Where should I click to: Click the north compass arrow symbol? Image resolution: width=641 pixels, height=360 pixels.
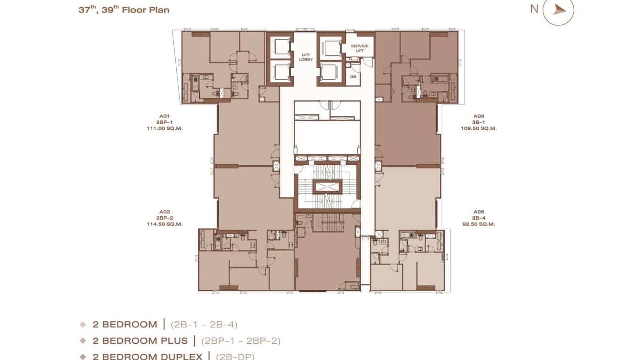559,10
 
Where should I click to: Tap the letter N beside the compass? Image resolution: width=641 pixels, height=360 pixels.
534,9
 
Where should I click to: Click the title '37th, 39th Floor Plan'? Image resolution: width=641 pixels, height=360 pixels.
124,10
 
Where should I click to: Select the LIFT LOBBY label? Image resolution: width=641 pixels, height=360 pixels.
306,57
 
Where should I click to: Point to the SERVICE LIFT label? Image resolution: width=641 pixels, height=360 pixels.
360,48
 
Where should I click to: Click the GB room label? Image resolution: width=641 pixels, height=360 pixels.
353,76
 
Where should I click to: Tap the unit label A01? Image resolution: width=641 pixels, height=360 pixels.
165,116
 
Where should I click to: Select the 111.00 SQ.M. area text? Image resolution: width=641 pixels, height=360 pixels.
165,128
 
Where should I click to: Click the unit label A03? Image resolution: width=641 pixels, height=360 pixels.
165,212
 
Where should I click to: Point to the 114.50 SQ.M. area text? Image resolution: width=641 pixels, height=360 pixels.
165,224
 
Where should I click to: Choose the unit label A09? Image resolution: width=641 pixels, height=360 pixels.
479,116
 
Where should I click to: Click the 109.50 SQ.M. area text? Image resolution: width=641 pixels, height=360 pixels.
479,128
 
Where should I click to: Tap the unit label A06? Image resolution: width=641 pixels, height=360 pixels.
479,212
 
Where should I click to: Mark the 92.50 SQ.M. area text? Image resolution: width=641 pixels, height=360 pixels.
479,224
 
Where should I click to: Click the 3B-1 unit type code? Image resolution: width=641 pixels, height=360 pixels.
479,122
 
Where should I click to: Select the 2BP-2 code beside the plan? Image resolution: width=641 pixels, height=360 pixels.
165,218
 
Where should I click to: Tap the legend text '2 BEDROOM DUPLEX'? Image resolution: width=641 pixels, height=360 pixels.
149,356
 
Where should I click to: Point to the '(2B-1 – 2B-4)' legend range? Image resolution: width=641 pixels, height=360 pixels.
204,325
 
